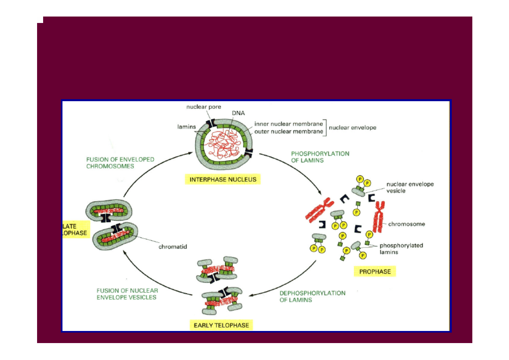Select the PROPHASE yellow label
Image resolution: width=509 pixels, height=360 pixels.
[375, 271]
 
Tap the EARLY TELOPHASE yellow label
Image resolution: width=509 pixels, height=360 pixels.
[221, 325]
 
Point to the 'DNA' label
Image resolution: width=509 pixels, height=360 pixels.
[238, 113]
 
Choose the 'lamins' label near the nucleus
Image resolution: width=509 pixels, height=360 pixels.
[187, 127]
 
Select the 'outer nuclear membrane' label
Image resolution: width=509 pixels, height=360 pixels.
[289, 131]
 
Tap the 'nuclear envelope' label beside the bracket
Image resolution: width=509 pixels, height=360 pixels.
[353, 128]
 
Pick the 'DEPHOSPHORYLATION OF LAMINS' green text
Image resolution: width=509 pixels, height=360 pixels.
[312, 296]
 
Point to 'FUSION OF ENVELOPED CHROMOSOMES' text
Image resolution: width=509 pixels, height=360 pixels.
[120, 163]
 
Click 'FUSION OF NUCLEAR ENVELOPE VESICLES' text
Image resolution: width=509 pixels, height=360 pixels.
[127, 294]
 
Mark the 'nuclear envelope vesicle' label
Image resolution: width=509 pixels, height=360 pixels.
[410, 187]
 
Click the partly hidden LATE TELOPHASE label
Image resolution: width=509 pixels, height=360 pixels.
[75, 230]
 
